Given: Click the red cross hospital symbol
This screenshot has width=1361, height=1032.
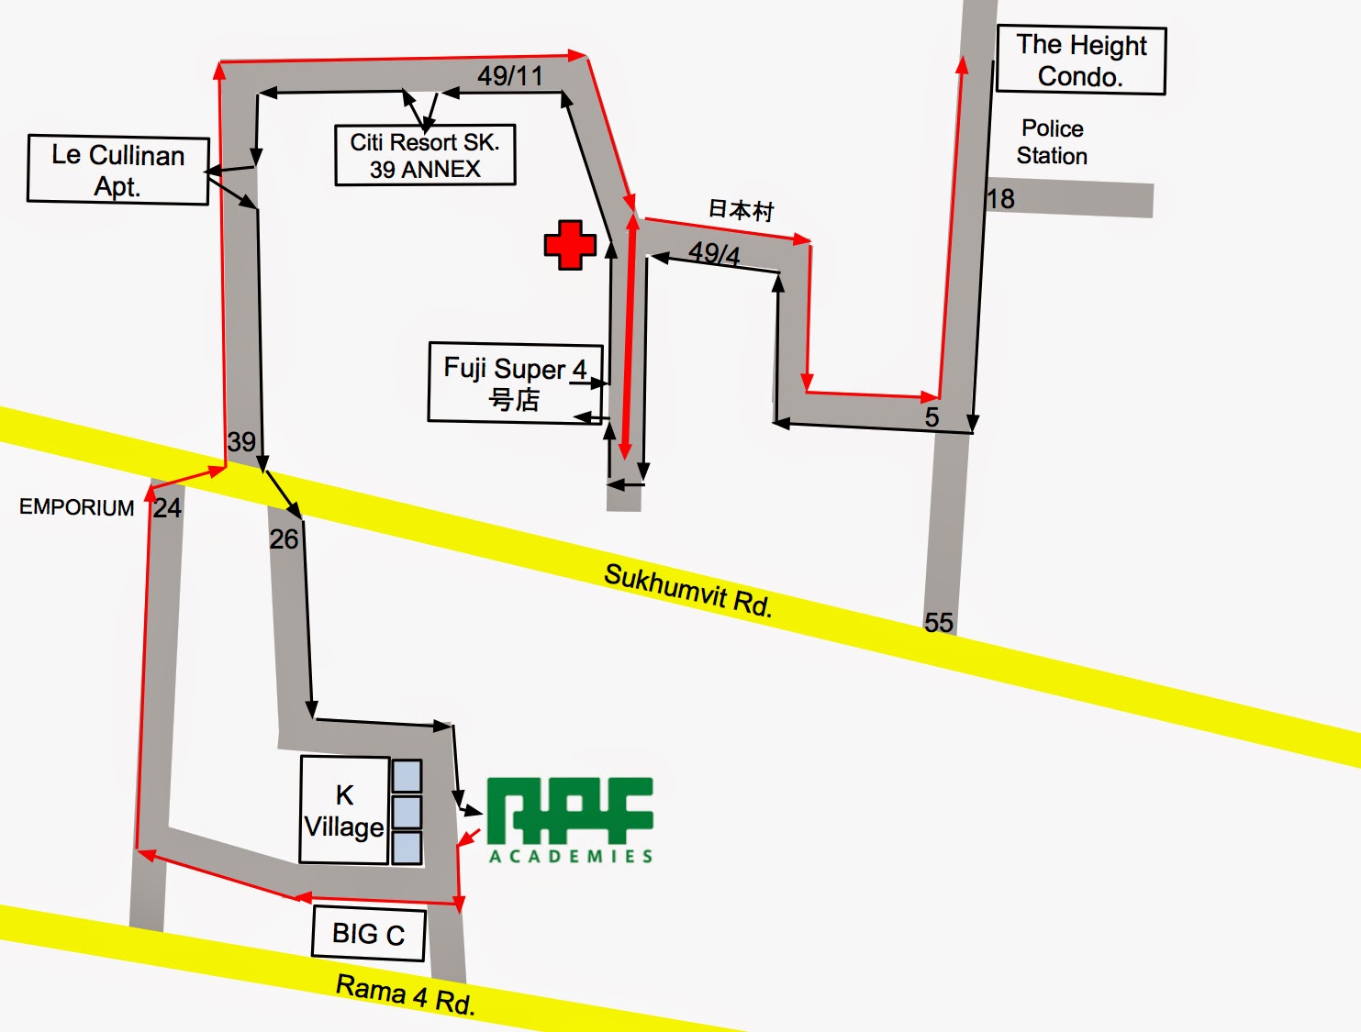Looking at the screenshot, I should [570, 245].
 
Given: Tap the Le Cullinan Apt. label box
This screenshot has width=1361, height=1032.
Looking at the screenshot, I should [118, 170].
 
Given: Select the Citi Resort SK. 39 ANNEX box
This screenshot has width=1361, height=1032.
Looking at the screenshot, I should [425, 155].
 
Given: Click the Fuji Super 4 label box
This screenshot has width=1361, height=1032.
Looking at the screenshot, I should [515, 383].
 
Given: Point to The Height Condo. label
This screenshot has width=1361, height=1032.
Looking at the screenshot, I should [1081, 61].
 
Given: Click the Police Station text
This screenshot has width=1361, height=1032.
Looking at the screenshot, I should [1052, 142].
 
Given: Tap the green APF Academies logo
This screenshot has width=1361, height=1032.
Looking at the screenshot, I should [570, 819].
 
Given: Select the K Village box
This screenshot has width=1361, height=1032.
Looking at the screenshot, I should [344, 810].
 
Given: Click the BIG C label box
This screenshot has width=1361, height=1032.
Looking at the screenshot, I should [369, 934].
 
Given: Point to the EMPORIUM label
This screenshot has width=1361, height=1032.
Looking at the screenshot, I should [77, 507].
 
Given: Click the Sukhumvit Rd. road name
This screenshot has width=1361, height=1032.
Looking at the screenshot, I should [688, 590].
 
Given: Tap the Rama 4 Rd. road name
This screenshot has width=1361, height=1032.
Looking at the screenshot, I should [406, 994].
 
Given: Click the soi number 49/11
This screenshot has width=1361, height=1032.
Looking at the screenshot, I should [510, 76].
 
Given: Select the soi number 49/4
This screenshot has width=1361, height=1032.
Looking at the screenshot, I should [714, 253].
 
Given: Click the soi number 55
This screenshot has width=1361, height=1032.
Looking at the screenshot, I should [939, 623].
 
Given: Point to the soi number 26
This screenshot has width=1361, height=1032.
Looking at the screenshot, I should [284, 539].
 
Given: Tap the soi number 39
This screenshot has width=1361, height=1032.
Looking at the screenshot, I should [241, 442].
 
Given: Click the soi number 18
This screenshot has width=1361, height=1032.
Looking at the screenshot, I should [1001, 199].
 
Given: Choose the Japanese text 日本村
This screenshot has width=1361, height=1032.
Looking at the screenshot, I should [741, 210].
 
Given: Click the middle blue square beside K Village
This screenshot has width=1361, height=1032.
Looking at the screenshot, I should [407, 812].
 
